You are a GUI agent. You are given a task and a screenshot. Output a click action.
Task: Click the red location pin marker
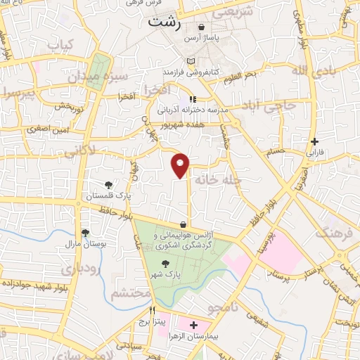[181, 165]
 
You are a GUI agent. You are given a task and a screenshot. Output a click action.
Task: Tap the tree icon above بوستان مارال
[85, 232]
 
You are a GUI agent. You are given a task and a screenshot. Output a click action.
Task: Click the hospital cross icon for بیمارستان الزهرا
[193, 326]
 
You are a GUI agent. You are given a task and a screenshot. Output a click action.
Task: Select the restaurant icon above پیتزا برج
[151, 310]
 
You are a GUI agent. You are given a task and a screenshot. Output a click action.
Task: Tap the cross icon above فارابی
[315, 141]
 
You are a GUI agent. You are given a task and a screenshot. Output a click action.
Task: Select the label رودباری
[75, 269]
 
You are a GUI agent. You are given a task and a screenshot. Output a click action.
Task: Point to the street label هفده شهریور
[179, 124]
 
